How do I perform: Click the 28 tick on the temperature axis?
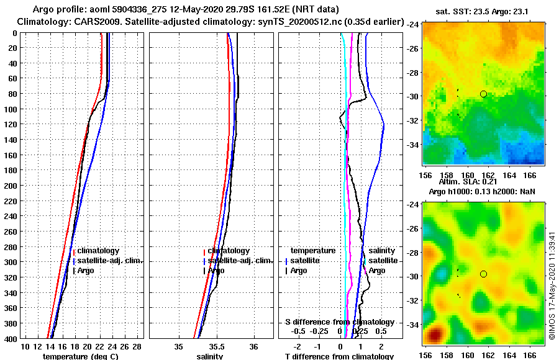(x=137, y=346)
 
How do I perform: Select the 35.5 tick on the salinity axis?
(x=216, y=346)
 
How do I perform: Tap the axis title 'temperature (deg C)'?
(x=80, y=356)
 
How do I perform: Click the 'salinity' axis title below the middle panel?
(x=210, y=356)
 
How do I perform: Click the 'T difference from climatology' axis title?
(x=339, y=356)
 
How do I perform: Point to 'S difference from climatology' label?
(x=339, y=322)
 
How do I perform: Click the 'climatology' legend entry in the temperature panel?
(x=99, y=251)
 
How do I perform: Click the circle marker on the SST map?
(x=483, y=94)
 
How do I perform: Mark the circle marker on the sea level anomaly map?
(x=483, y=274)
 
